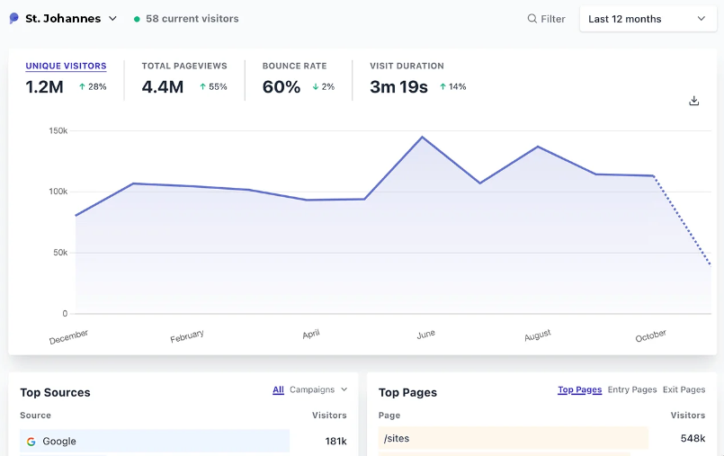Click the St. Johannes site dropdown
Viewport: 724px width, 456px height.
coord(65,19)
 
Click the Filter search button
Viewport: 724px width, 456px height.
coord(546,19)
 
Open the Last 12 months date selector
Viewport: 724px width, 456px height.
coord(647,19)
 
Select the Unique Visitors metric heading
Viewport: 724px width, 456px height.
coord(66,66)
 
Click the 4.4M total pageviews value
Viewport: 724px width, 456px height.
coord(163,87)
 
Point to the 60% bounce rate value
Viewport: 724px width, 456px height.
coord(281,87)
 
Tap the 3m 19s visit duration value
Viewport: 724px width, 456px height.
coord(398,87)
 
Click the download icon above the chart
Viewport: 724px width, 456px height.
coord(693,101)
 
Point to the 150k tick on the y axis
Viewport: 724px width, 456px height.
coord(58,130)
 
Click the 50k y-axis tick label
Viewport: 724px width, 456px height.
coord(60,253)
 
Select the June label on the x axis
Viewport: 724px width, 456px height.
coord(425,334)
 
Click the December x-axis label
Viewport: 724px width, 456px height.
coord(69,336)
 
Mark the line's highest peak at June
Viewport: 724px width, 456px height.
coord(422,137)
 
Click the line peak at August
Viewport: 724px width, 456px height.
coord(538,147)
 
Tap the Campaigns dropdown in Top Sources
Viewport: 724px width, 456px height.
coord(318,389)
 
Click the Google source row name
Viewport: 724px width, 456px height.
coord(59,442)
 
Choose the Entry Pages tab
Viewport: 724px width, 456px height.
coord(632,389)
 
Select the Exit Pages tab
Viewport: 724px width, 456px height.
coord(684,389)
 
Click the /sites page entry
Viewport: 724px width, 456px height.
coord(397,439)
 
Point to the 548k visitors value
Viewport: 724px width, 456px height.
coord(693,439)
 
